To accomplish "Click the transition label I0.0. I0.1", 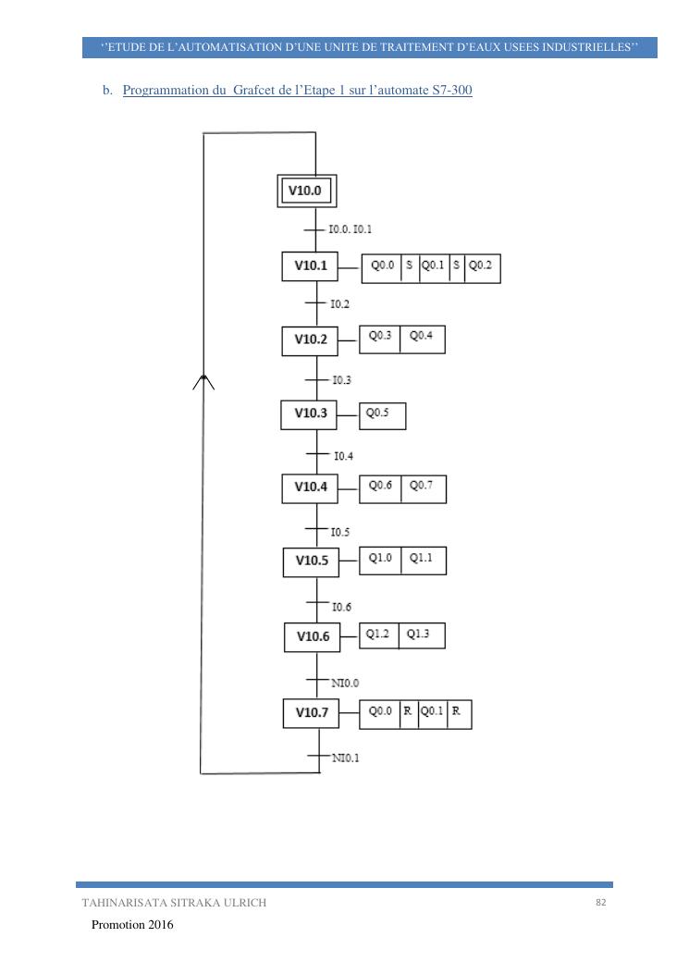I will [x=350, y=228].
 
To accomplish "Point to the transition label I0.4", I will [x=343, y=456].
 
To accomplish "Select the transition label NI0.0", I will [x=345, y=683].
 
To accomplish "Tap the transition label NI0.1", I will [x=346, y=758].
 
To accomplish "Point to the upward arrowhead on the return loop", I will [x=203, y=382].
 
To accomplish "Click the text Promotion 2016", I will [x=132, y=925].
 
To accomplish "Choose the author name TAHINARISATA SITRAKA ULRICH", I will [x=174, y=903].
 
